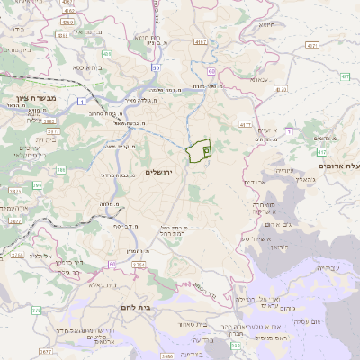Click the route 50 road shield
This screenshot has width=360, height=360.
click(156, 67)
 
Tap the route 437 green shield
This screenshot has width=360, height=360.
click(344, 76)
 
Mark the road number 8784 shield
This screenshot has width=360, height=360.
click(139, 265)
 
